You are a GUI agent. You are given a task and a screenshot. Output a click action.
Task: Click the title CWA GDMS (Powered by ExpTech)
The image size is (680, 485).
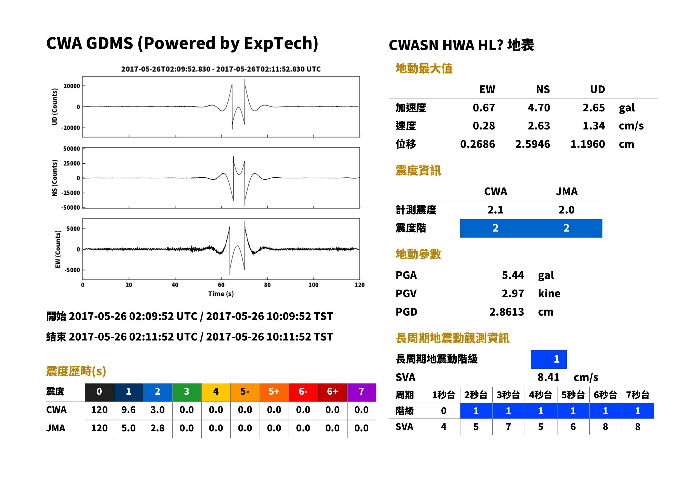182,44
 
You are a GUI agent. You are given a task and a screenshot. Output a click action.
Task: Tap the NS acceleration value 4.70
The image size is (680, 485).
539,108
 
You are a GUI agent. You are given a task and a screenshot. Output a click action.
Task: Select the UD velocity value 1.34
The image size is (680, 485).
594,126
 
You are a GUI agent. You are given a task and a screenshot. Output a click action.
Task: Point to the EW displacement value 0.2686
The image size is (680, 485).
477,144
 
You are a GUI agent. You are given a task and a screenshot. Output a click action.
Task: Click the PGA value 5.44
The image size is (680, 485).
513,275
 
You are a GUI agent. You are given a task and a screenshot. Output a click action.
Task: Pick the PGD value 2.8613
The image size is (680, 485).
507,312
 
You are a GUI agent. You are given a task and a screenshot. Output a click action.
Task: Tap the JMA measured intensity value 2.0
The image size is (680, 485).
566,210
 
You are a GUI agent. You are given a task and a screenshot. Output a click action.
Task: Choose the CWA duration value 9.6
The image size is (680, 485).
128,410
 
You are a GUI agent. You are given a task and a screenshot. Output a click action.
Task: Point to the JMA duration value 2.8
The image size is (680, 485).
157,428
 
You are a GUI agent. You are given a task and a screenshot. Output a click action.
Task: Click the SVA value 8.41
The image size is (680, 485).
548,377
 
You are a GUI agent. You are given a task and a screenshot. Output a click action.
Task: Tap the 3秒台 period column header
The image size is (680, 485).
508,395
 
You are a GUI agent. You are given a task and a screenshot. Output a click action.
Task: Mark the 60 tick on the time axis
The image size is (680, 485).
221,285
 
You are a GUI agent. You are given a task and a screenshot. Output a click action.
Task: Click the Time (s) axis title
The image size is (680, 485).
221,294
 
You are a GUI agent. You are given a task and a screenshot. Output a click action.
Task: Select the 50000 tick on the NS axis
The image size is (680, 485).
72,149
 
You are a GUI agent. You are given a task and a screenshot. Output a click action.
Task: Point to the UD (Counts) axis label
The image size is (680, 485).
55,107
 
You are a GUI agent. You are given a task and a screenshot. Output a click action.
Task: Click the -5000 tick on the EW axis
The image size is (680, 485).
72,270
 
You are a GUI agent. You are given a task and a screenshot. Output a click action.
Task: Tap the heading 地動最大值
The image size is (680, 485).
424,69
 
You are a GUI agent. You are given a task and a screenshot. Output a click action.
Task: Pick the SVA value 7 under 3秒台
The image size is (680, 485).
508,427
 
